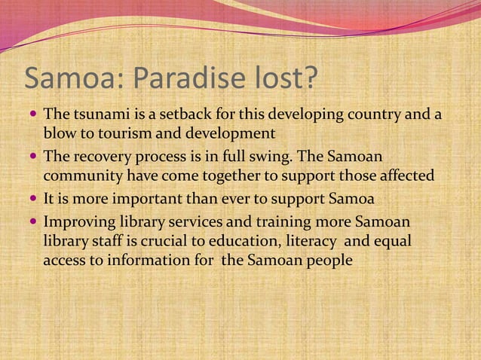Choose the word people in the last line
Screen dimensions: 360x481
326,260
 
